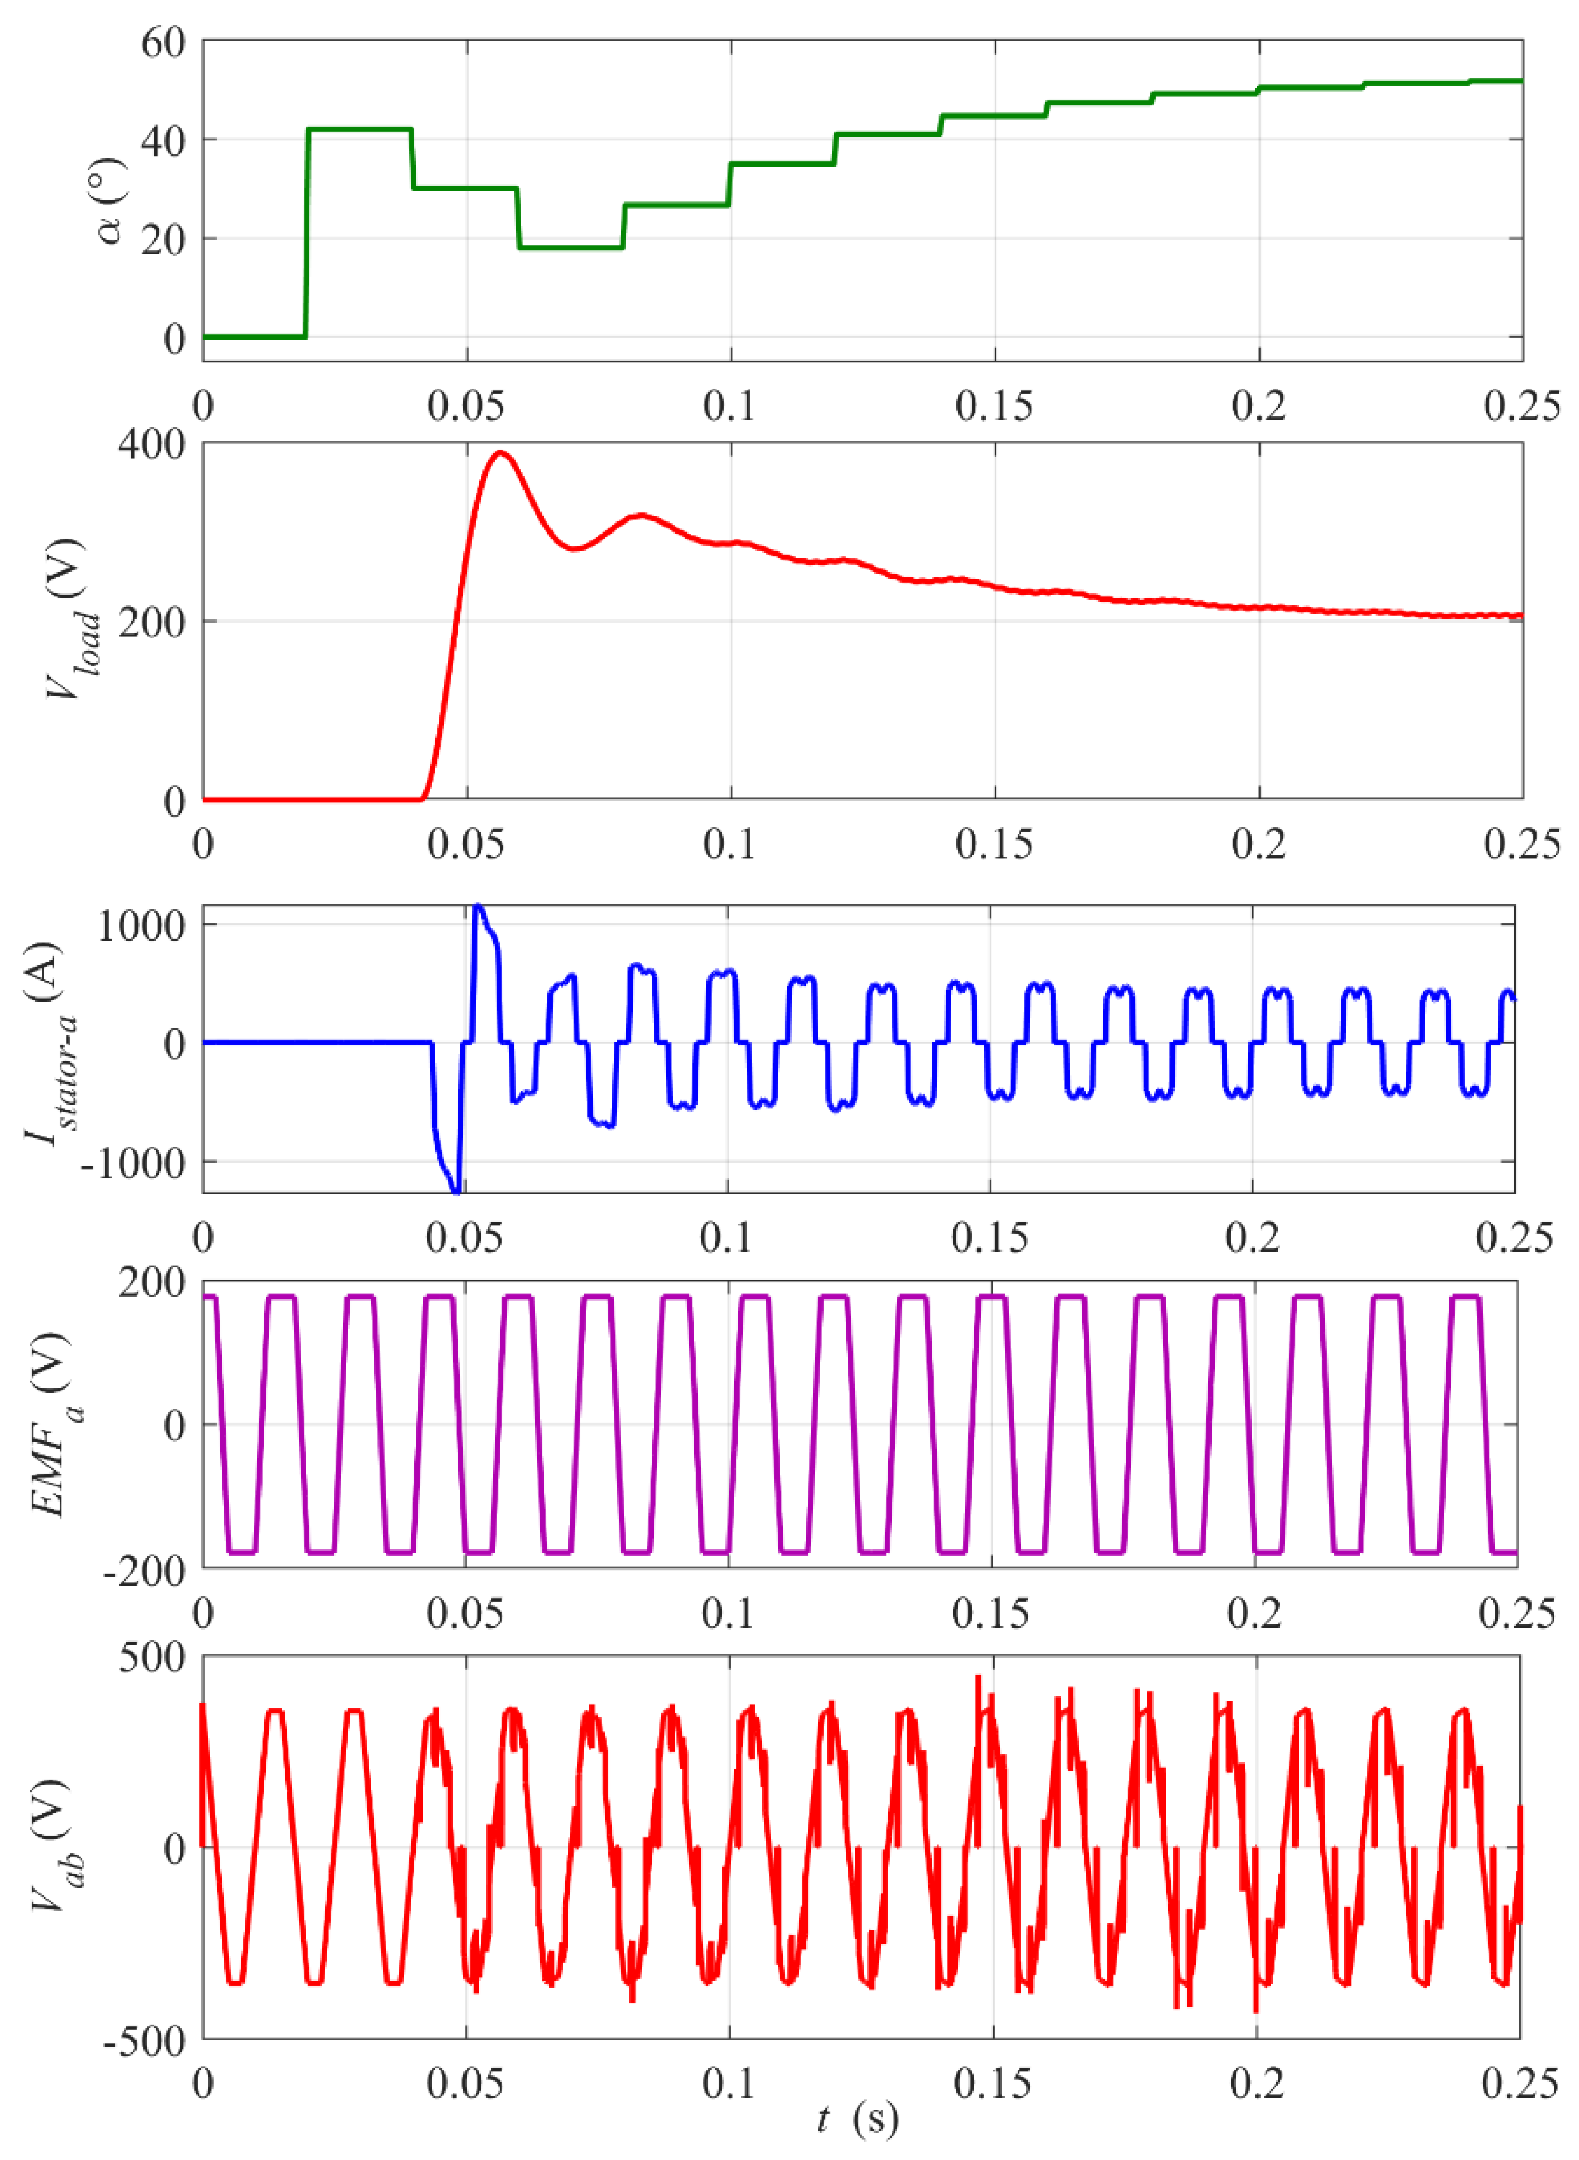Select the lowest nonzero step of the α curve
point(570,248)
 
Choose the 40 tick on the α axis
point(162,140)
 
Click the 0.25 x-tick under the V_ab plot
point(1520,2084)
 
